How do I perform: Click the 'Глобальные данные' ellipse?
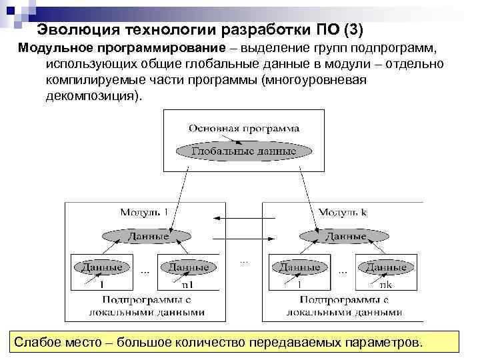(244, 151)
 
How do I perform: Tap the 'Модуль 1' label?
(144, 212)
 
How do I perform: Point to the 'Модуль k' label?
(343, 212)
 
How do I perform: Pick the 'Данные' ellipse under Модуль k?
(341, 236)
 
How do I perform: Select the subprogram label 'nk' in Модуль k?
(385, 284)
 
